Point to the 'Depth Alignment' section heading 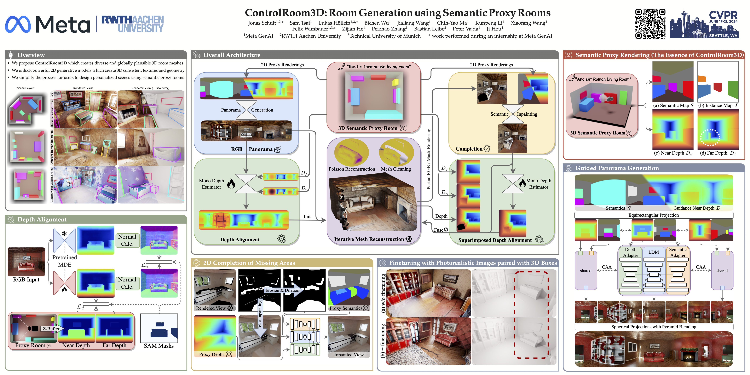tap(42, 219)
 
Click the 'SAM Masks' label tap(159, 346)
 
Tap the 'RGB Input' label tap(26, 279)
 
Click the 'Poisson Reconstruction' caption tap(352, 169)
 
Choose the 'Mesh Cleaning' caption tap(396, 169)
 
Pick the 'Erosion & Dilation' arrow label tap(282, 290)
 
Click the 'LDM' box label tap(654, 252)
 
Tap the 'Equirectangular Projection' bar tap(654, 215)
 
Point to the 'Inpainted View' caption tap(349, 355)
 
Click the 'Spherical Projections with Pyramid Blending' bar tap(654, 327)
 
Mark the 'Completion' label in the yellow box tap(469, 149)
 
